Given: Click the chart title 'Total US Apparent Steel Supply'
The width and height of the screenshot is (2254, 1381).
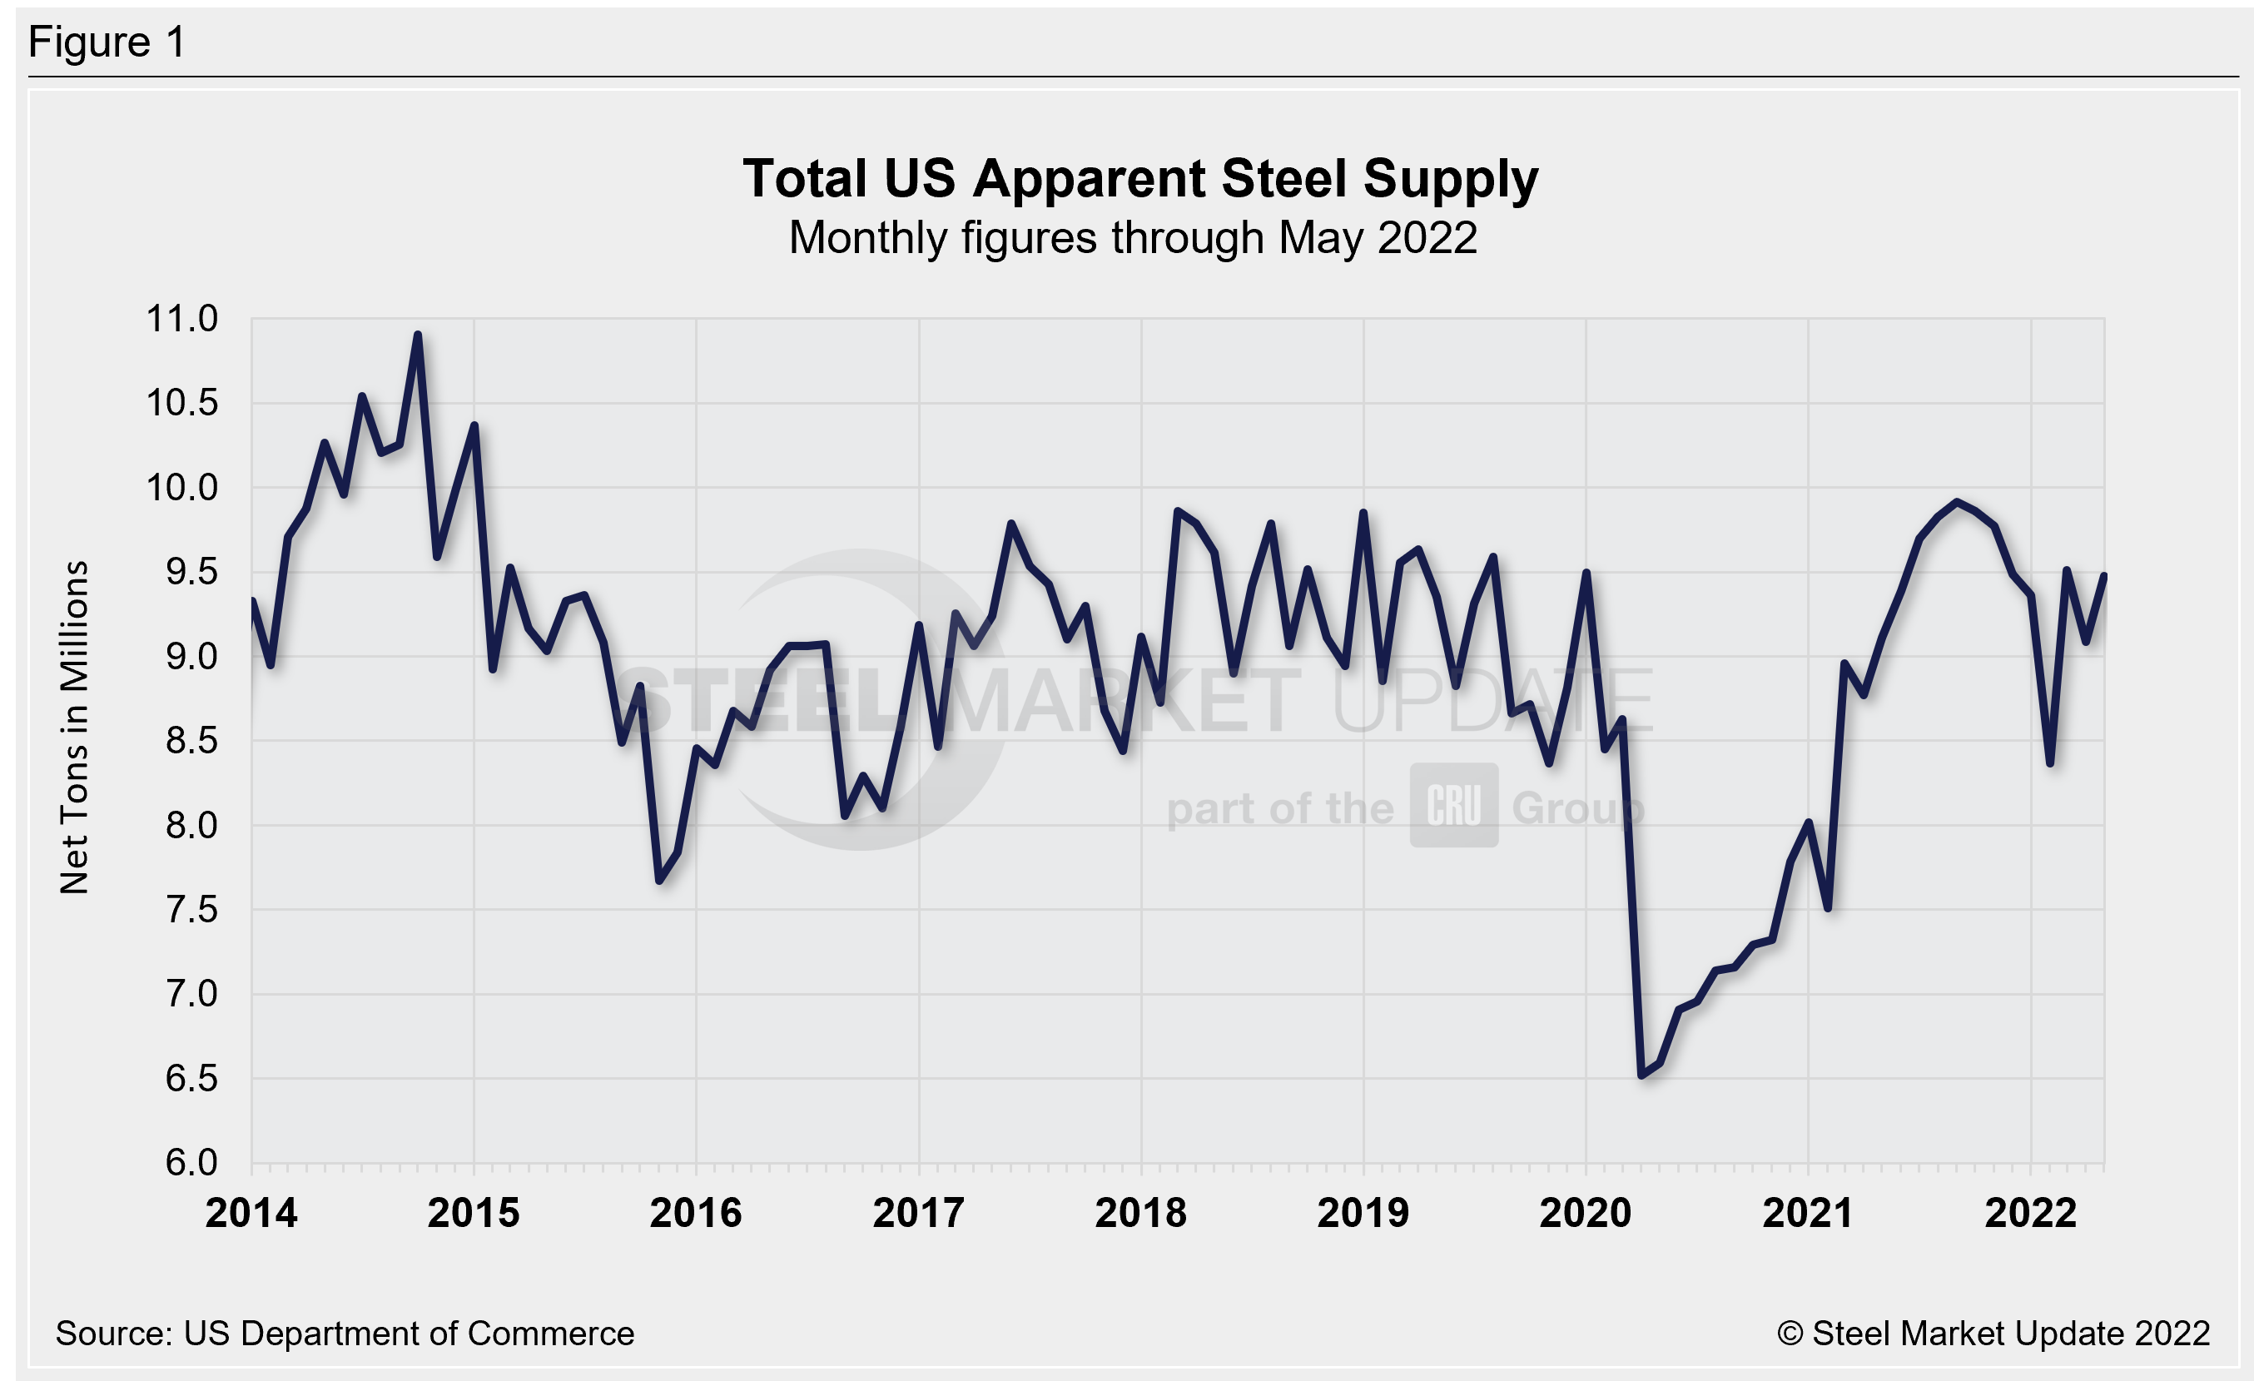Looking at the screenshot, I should [1139, 178].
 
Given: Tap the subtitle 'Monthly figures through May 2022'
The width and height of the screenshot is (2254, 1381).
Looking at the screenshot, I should [1133, 238].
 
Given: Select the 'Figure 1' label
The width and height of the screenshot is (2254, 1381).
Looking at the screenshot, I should [107, 42].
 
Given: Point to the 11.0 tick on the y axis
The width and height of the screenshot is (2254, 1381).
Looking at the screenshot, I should [182, 319].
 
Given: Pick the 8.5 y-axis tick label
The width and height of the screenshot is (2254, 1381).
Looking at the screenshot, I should [191, 741].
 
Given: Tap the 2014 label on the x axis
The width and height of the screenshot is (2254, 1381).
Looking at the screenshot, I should [251, 1214].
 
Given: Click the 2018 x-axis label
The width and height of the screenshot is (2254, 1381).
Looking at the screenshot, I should [1140, 1214].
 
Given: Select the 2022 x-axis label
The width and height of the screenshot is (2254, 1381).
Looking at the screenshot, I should [2031, 1214].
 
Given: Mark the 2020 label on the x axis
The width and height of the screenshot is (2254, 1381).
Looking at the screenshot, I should [1586, 1214].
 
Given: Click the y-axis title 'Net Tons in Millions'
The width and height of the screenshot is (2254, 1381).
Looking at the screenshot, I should [74, 727].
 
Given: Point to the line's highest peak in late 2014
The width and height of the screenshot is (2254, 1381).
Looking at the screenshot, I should [417, 335].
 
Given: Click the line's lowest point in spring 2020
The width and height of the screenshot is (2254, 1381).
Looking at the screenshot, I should [1641, 1075].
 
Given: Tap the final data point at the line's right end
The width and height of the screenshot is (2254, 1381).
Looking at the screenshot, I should [2105, 575].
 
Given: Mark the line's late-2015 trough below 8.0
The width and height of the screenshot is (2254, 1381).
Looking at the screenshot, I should [658, 881].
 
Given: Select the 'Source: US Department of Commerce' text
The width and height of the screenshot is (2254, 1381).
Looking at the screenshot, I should [344, 1334].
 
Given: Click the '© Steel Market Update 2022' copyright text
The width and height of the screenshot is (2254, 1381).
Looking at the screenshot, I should [1993, 1334].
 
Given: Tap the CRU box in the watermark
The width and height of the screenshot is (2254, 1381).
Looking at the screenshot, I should [1452, 806].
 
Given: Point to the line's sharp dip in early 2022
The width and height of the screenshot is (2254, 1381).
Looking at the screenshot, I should [2050, 763].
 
